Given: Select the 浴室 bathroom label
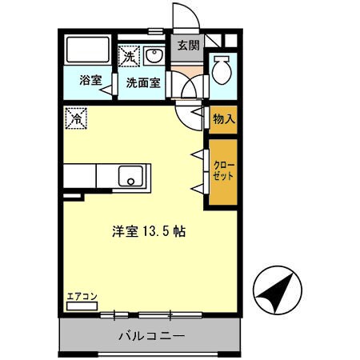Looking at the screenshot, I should tap(90, 81).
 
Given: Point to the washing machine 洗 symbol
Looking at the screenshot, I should tap(129, 56).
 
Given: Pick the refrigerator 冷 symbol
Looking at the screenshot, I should tap(77, 117).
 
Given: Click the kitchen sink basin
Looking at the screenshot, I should tap(131, 175).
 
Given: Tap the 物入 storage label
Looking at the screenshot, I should tap(223, 118).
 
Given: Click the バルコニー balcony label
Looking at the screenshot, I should tap(151, 335).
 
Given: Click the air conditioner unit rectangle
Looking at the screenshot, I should tap(82, 306).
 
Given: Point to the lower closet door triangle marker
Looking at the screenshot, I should tap(197, 189).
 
